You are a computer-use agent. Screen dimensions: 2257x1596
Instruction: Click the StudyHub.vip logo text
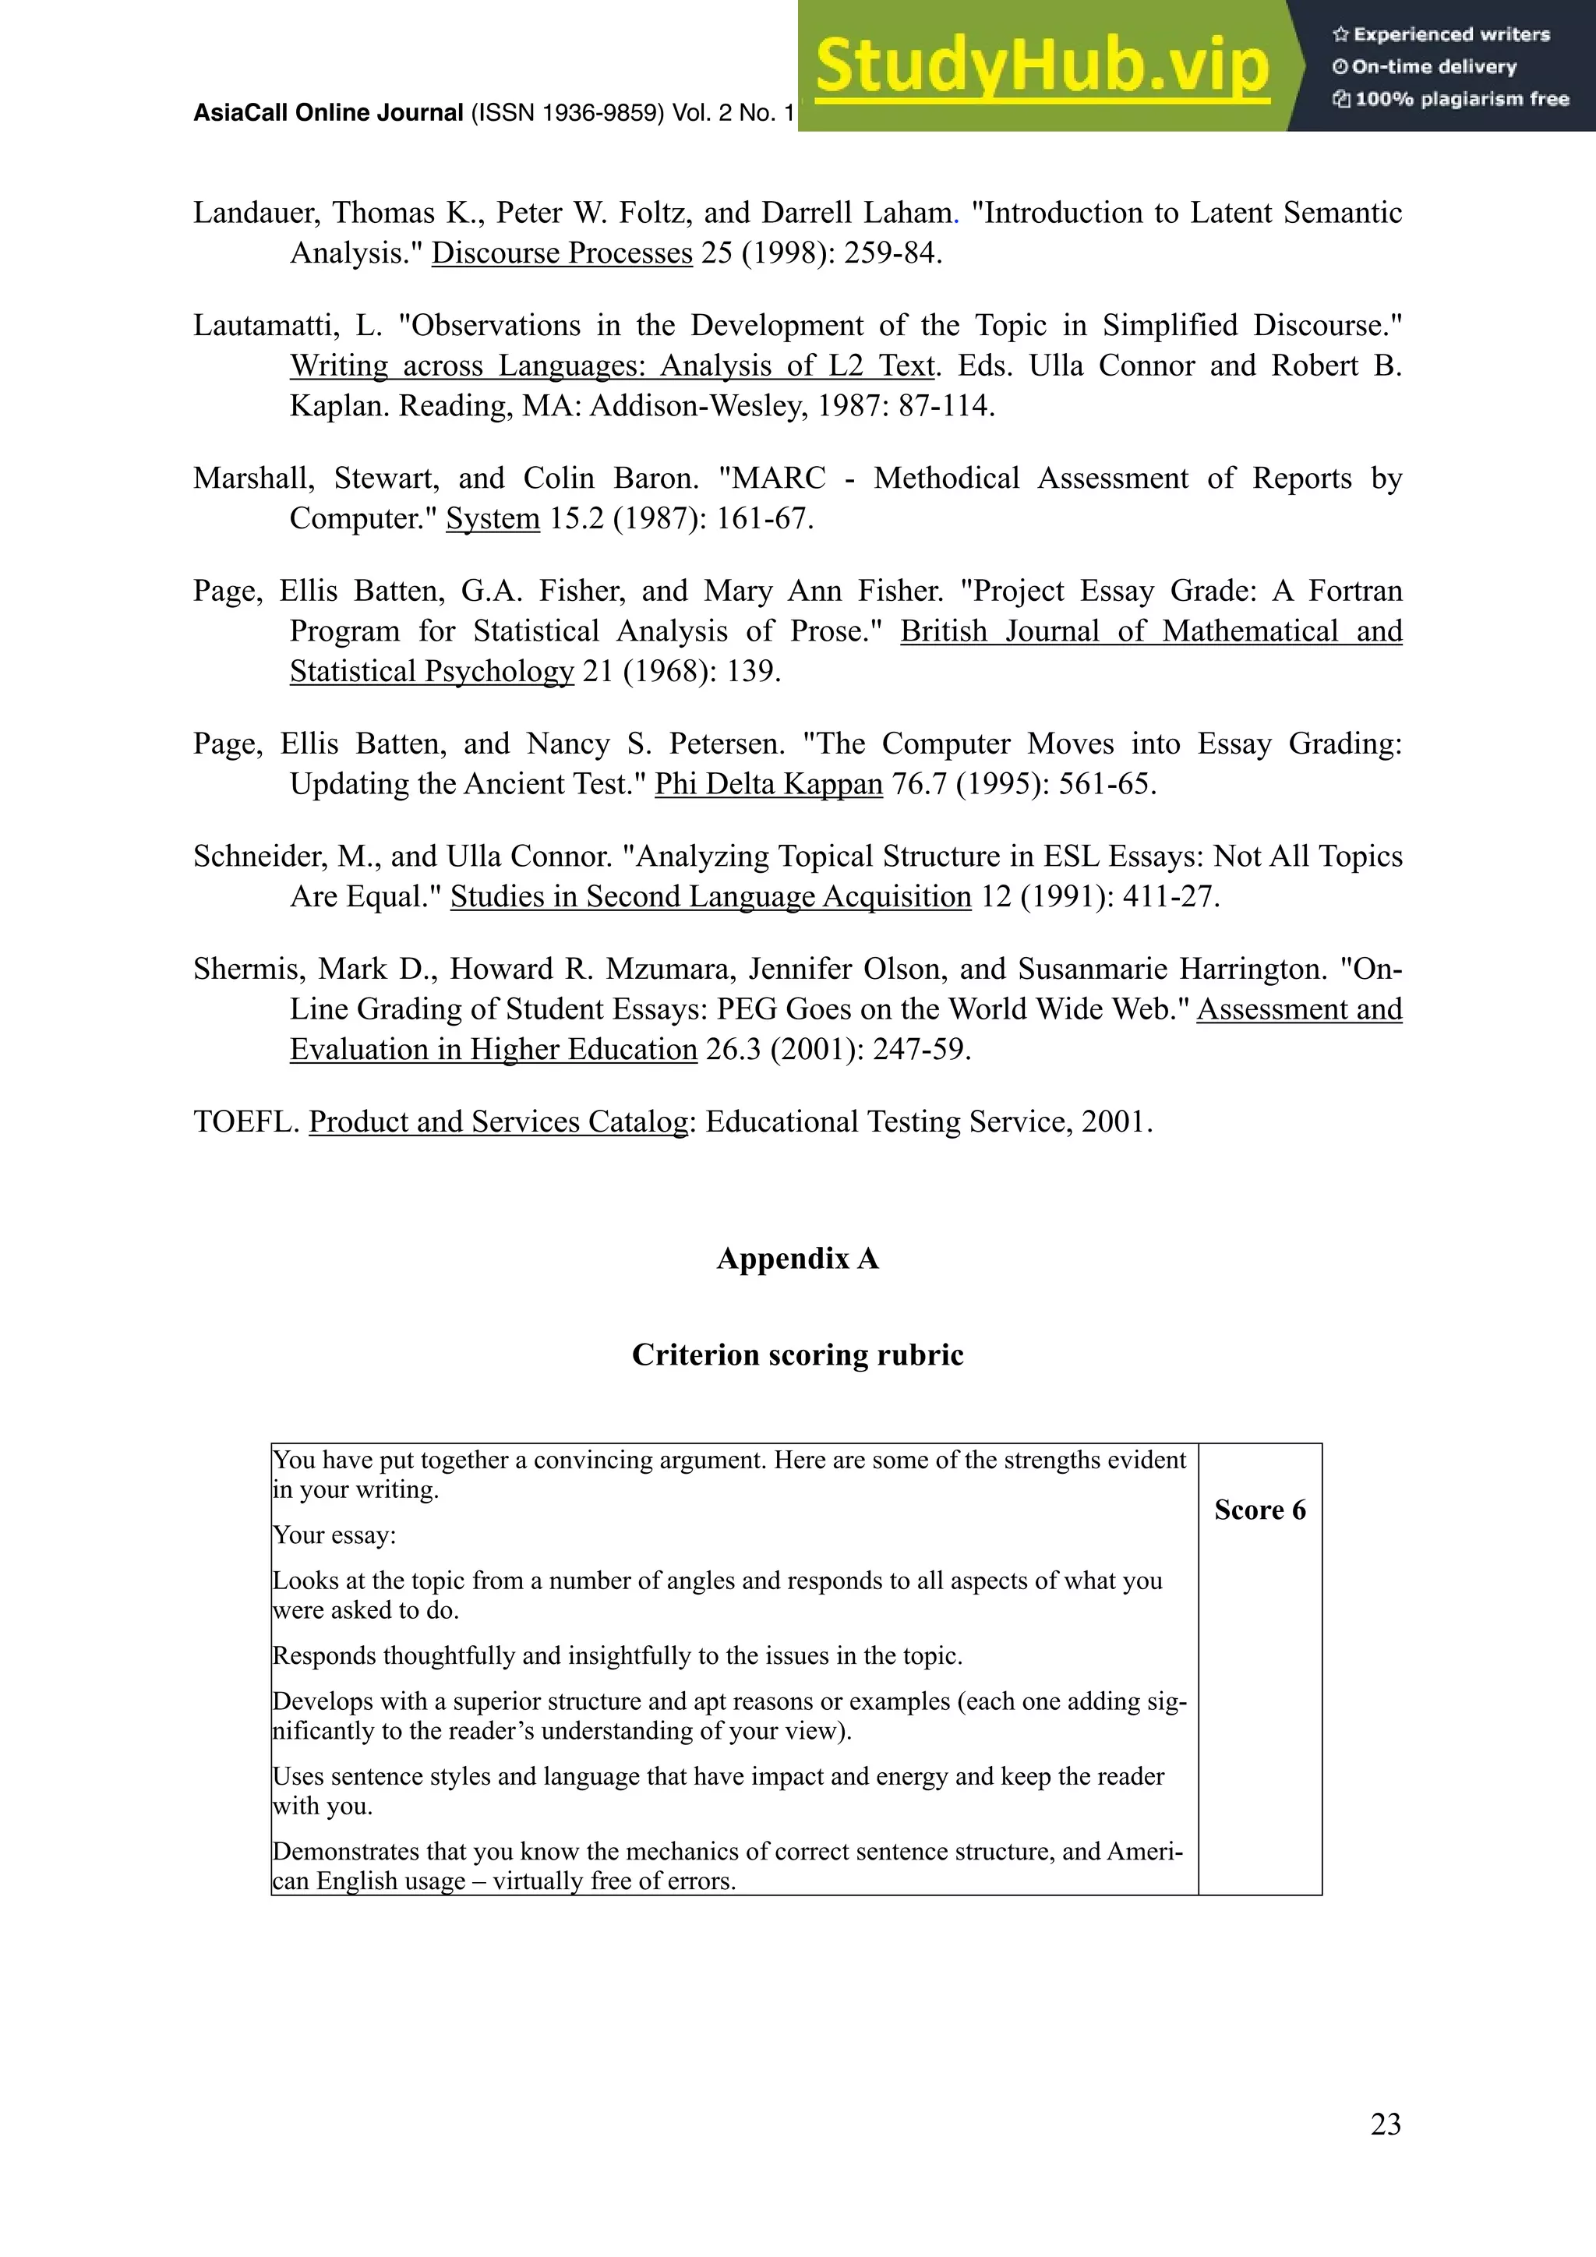(x=1042, y=67)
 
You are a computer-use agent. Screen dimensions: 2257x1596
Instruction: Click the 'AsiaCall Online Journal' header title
(x=328, y=113)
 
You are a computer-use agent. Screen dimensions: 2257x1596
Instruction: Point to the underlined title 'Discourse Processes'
(x=562, y=253)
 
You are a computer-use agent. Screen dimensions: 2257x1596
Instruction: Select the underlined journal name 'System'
(x=493, y=518)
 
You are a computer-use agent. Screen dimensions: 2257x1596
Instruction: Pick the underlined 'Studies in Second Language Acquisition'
(x=711, y=896)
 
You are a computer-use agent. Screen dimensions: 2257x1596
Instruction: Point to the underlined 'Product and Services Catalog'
(x=498, y=1121)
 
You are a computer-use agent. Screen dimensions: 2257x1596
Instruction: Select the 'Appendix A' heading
(x=797, y=1258)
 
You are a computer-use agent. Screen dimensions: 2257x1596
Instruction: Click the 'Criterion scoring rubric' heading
(x=797, y=1355)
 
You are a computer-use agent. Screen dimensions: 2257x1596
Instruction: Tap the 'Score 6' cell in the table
(x=1259, y=1510)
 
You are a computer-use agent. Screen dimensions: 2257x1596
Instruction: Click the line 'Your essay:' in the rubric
(x=334, y=1535)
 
